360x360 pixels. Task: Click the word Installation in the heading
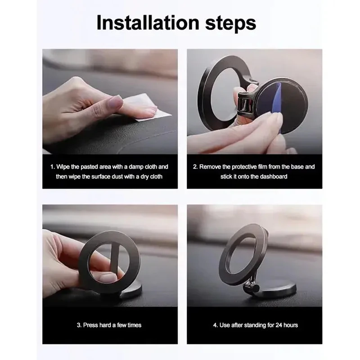click(x=148, y=23)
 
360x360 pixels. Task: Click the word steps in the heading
click(x=230, y=24)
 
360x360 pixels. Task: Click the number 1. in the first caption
click(x=53, y=166)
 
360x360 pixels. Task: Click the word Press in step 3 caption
click(x=90, y=325)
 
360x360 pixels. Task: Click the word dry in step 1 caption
click(x=144, y=176)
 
